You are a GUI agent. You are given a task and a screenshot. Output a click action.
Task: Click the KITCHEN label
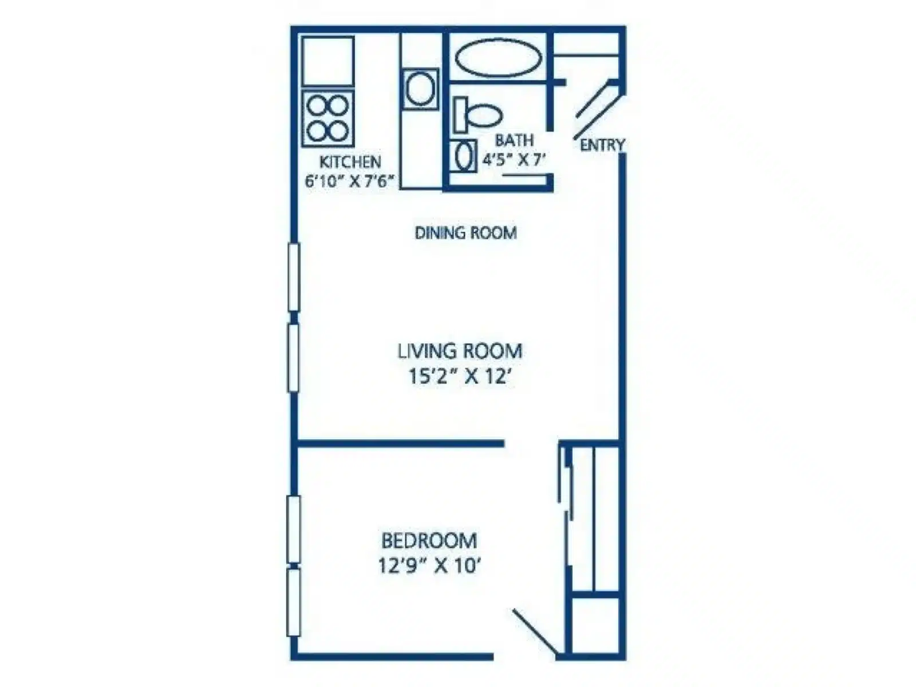tap(350, 161)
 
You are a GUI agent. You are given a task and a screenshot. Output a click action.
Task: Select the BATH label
tap(514, 140)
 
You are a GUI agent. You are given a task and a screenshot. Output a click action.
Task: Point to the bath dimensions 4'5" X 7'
tap(514, 159)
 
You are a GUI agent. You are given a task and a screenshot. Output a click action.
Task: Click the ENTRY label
tap(602, 145)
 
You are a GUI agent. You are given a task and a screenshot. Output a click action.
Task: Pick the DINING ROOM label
tap(465, 232)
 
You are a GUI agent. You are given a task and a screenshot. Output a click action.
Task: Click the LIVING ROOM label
tap(460, 351)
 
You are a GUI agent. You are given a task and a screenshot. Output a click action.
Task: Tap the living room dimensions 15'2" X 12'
tap(460, 377)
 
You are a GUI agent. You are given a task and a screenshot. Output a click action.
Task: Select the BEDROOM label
tap(429, 540)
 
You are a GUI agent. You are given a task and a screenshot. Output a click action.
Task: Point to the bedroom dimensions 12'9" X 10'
tap(430, 566)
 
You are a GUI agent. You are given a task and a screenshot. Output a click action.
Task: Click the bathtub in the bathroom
tap(498, 58)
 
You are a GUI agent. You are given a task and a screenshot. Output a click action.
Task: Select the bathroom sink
tap(463, 156)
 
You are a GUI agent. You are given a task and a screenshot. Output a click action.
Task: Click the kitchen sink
tap(420, 89)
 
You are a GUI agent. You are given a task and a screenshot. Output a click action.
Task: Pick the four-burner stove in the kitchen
tap(328, 119)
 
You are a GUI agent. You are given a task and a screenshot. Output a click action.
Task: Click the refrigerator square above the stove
tap(328, 62)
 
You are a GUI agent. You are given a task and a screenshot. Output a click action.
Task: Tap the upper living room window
tap(294, 277)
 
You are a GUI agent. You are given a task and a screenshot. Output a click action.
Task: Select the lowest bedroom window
tap(294, 602)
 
